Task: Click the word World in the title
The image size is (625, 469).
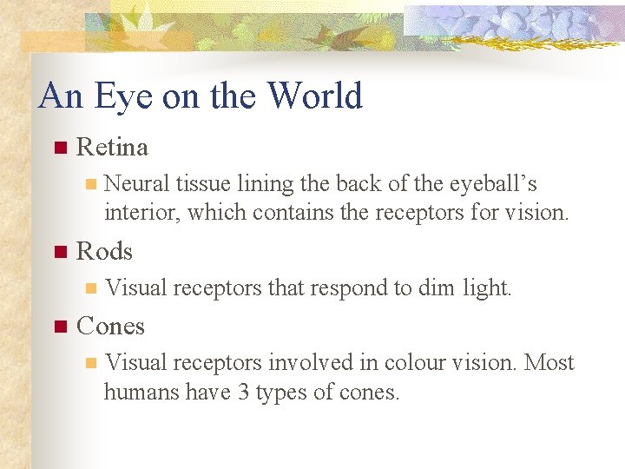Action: (x=315, y=96)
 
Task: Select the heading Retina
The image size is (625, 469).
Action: (x=112, y=148)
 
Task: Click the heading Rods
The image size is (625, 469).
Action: (x=104, y=252)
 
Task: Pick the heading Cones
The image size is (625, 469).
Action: (x=110, y=327)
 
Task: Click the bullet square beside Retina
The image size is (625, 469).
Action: (x=59, y=148)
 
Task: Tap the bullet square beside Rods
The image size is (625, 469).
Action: (x=59, y=252)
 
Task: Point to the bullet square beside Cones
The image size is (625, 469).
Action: (x=59, y=327)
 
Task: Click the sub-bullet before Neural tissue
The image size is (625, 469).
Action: (x=88, y=184)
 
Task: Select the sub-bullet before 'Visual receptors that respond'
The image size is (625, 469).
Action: (x=88, y=288)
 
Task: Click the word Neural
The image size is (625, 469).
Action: (x=136, y=184)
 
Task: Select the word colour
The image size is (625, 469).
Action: (x=414, y=362)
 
